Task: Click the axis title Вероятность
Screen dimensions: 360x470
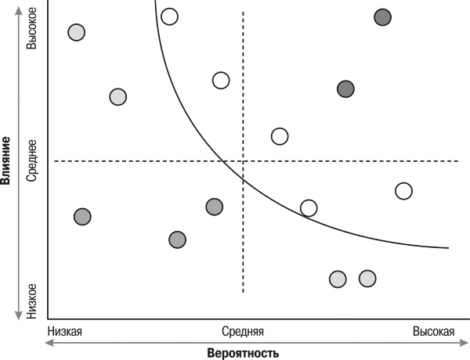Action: (243, 353)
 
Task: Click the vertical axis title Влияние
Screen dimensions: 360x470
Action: (6, 160)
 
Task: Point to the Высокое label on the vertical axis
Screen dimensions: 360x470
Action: (32, 31)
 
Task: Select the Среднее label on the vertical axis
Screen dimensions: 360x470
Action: (32, 161)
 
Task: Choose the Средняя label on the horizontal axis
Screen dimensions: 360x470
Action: (243, 330)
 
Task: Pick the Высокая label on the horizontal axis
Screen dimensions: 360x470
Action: (433, 330)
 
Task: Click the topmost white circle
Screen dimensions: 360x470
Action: (169, 16)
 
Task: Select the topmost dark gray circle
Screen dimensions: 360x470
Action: (382, 16)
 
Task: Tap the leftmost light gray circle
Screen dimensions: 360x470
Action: (76, 32)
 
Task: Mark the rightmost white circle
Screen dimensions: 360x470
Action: (403, 190)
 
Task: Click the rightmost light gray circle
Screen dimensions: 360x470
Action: (367, 278)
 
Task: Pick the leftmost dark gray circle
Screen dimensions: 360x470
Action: (82, 217)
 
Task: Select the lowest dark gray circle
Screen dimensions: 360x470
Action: (178, 239)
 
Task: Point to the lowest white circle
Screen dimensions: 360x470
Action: (309, 207)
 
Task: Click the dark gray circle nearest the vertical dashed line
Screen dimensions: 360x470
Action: (215, 207)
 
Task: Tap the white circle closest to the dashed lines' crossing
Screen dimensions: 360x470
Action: (279, 136)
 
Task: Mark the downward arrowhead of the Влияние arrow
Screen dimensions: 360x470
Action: (18, 316)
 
